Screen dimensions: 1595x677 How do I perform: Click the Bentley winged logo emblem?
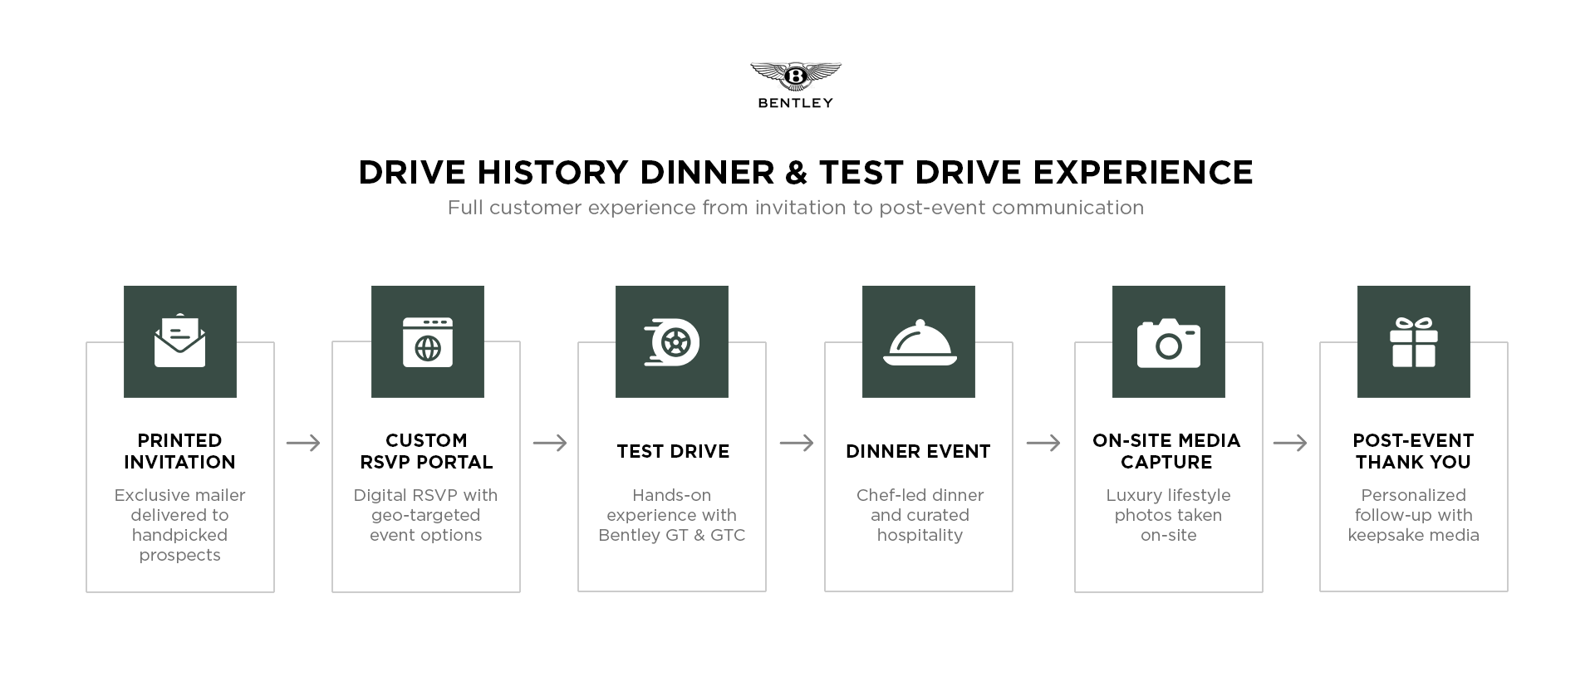(x=795, y=76)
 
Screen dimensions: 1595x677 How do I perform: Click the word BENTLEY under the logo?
(x=795, y=103)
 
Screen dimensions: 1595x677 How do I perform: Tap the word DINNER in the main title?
(x=707, y=173)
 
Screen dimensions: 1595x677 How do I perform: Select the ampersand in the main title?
(x=796, y=173)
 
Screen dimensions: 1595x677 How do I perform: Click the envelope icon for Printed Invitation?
(x=179, y=341)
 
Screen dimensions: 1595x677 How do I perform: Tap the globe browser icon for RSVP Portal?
(x=427, y=341)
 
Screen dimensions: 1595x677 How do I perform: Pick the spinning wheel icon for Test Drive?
(x=672, y=341)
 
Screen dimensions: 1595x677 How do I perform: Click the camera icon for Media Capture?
(x=1168, y=342)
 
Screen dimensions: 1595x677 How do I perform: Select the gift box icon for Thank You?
(x=1413, y=341)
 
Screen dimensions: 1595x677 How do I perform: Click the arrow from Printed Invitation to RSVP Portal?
(x=303, y=443)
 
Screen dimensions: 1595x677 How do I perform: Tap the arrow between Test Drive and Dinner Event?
(x=797, y=443)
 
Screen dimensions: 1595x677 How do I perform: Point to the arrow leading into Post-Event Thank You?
(x=1289, y=443)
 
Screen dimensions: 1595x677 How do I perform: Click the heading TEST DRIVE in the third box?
(x=673, y=451)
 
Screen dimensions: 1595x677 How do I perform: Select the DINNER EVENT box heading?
(x=918, y=451)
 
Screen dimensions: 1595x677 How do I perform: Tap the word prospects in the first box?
(x=179, y=555)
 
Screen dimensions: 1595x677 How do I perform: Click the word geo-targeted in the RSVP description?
(x=425, y=515)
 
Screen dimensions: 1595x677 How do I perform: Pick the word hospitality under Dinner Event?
(x=920, y=535)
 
